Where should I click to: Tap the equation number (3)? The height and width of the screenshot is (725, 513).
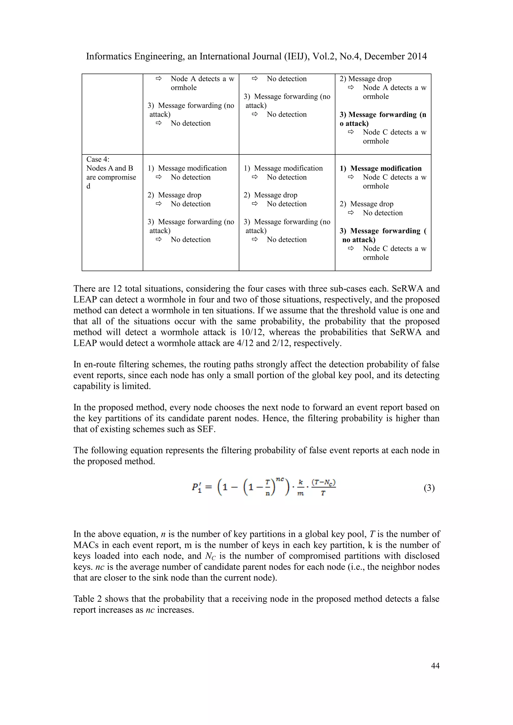[x=429, y=488]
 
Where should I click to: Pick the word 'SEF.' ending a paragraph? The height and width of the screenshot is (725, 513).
[x=206, y=429]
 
